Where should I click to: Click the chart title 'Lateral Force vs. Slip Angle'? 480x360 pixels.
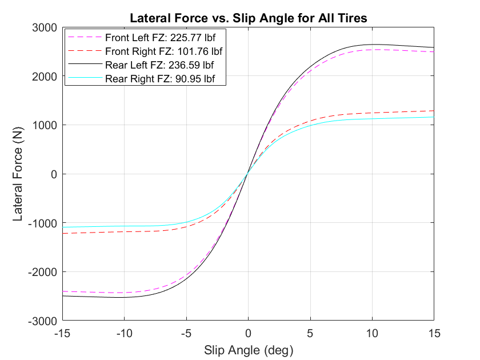pyautogui.click(x=248, y=18)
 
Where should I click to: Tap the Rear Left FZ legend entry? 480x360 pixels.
pyautogui.click(x=159, y=65)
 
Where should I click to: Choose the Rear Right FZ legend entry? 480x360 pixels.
pyautogui.click(x=162, y=78)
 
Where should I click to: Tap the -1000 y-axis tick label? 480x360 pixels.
pyautogui.click(x=42, y=223)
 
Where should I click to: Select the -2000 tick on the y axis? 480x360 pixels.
pyautogui.click(x=42, y=272)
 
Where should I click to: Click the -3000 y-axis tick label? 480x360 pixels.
pyautogui.click(x=42, y=321)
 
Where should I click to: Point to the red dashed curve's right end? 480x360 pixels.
pyautogui.click(x=433, y=111)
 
